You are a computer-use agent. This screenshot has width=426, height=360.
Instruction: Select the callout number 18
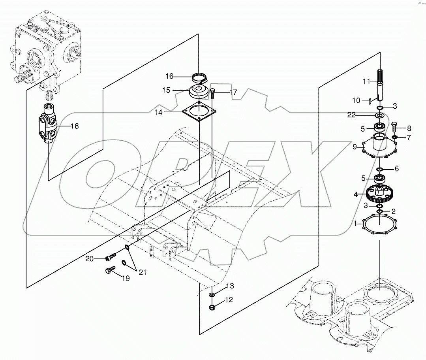[x=75, y=126]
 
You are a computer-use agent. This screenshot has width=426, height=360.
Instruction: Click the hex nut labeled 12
[x=212, y=307]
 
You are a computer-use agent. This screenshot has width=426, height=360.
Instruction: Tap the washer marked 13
[x=212, y=295]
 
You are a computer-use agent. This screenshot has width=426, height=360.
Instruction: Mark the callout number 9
[x=355, y=147]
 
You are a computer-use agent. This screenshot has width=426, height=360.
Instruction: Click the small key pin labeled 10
[x=368, y=101]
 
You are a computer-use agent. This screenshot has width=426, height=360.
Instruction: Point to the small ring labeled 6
[x=379, y=169]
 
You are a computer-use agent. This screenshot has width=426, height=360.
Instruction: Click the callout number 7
[x=408, y=138]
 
